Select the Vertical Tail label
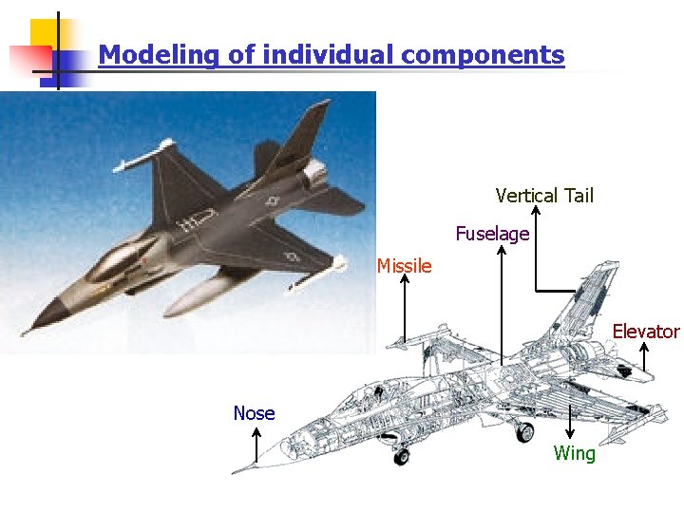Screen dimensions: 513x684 [x=544, y=196]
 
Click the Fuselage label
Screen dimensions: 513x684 [x=492, y=233]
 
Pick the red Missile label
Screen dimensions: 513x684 [x=404, y=266]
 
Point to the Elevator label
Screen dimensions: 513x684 [x=646, y=332]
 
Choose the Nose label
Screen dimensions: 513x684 [x=255, y=413]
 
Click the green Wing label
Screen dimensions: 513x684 [x=575, y=453]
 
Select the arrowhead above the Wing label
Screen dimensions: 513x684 [x=570, y=433]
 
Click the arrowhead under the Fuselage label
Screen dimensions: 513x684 [x=502, y=248]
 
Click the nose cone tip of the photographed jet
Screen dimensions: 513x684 [x=27, y=332]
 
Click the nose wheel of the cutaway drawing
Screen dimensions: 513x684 [x=402, y=457]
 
